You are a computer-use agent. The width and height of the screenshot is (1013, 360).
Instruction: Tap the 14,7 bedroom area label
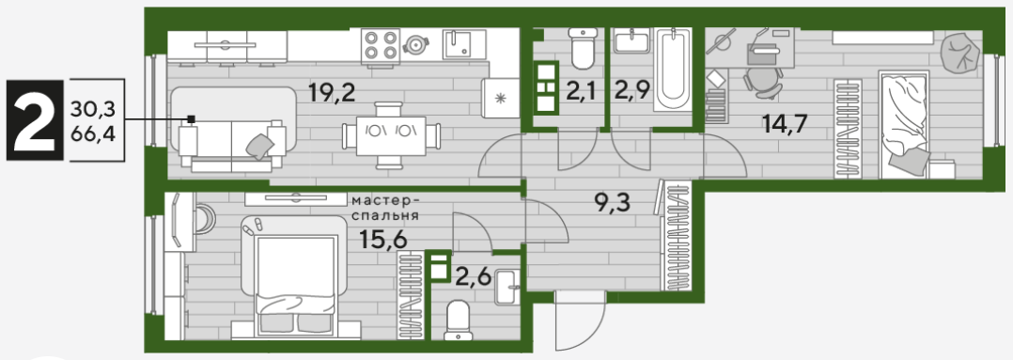click(x=785, y=123)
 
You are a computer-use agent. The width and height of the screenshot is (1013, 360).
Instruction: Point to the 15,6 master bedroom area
click(x=383, y=241)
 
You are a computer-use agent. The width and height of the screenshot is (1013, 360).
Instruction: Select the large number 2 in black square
click(x=35, y=121)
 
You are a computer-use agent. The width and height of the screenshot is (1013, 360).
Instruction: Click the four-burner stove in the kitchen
click(x=381, y=44)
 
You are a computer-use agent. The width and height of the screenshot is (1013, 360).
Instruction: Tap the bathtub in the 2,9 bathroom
click(x=673, y=70)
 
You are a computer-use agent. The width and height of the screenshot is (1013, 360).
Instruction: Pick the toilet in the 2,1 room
click(x=583, y=48)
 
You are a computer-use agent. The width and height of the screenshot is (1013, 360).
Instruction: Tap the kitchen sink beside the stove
click(x=464, y=44)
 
